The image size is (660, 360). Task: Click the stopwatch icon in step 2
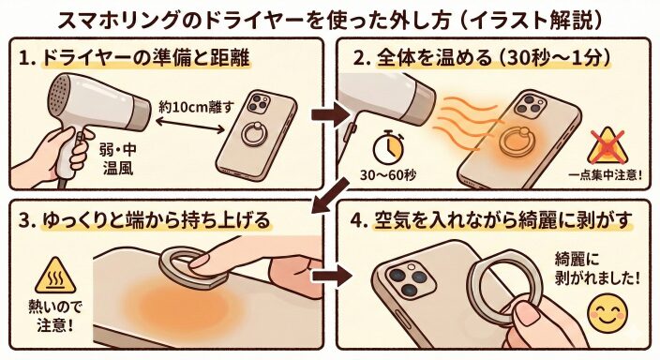389,147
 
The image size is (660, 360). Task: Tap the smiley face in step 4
607,313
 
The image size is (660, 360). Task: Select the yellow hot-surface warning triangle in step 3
55,276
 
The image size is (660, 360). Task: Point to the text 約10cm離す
196,107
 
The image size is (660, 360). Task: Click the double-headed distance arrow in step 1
190,126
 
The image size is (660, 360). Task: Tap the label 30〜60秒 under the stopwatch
388,174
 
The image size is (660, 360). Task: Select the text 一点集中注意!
606,174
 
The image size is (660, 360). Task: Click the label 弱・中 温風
118,159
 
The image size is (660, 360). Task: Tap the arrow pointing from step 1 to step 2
330,114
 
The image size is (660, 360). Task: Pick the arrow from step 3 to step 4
331,276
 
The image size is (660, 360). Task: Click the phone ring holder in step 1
255,133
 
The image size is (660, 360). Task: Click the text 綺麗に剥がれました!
597,268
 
